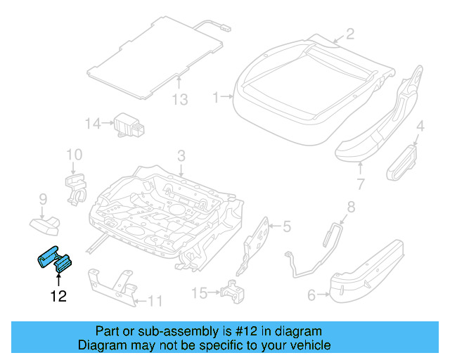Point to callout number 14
coord(94,124)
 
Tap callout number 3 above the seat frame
coord(181,155)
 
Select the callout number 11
coord(155,302)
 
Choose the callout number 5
coord(285,226)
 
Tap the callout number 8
coord(352,207)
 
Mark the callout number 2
coord(349,34)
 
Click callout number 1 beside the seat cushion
coord(217,98)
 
